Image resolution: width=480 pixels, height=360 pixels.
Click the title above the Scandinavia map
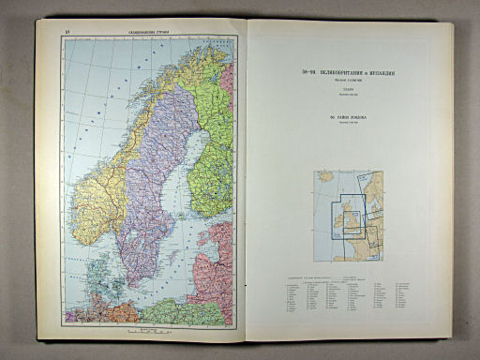[133, 34]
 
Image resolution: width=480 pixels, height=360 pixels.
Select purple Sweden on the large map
[150, 197]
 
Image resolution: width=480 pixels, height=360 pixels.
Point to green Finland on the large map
[211, 159]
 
